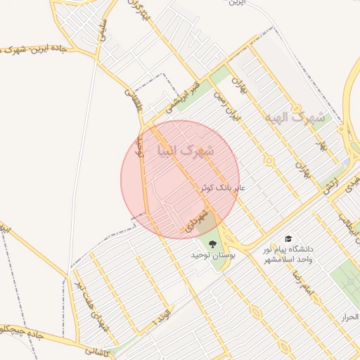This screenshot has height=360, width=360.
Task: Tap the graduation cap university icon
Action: [288, 239]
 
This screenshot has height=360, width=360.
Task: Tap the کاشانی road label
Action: [98, 349]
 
